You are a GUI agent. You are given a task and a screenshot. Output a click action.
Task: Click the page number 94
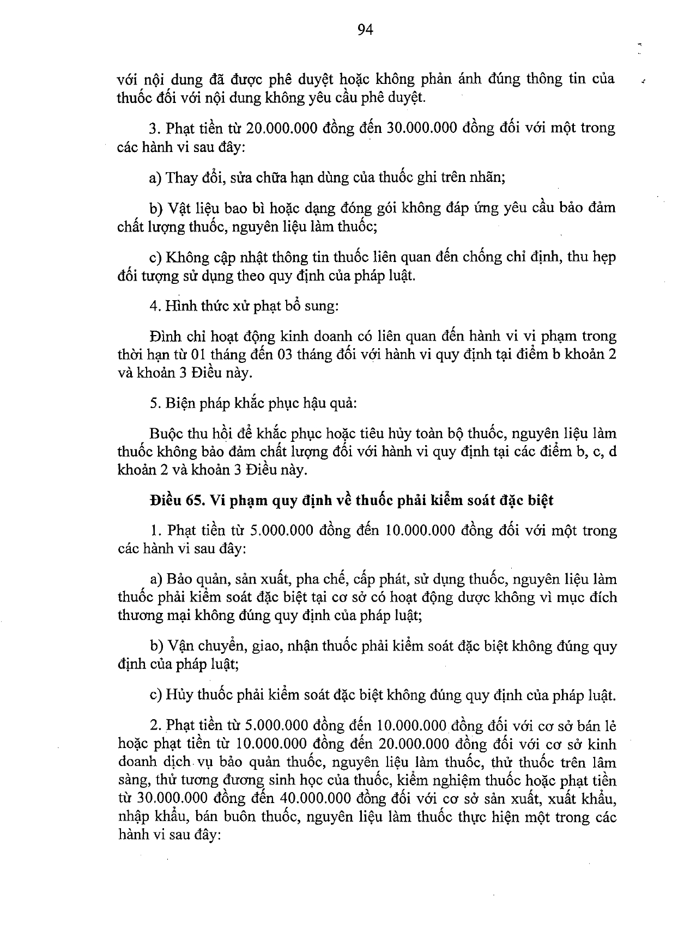(x=365, y=30)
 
